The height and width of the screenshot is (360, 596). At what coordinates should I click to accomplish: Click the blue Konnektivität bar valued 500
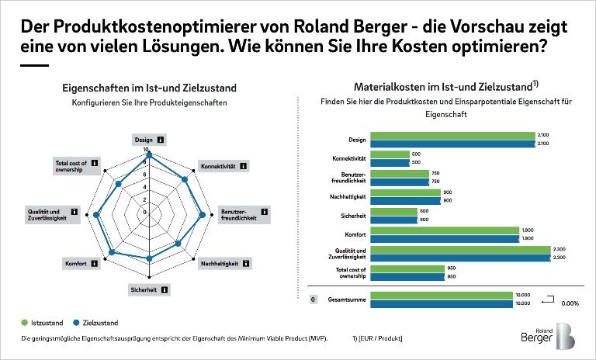(x=390, y=162)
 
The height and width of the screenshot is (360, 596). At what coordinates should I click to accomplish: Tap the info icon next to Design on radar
(x=161, y=140)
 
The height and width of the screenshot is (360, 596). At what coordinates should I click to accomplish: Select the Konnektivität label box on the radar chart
(x=223, y=166)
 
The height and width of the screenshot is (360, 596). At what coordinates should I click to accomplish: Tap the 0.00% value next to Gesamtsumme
(x=570, y=303)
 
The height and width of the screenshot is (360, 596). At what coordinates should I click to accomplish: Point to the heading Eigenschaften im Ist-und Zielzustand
(x=150, y=88)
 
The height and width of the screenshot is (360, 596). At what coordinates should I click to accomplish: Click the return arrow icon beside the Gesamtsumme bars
(x=546, y=297)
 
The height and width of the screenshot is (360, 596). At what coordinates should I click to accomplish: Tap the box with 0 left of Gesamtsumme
(x=313, y=299)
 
